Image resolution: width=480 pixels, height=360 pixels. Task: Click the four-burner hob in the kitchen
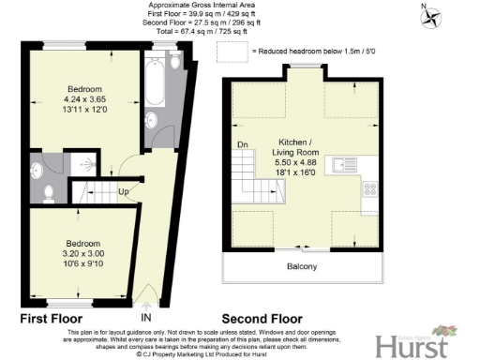coord(368,188)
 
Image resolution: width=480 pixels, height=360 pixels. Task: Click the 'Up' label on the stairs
coord(123,192)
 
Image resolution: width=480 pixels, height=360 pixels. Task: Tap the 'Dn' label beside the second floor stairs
coord(243,145)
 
